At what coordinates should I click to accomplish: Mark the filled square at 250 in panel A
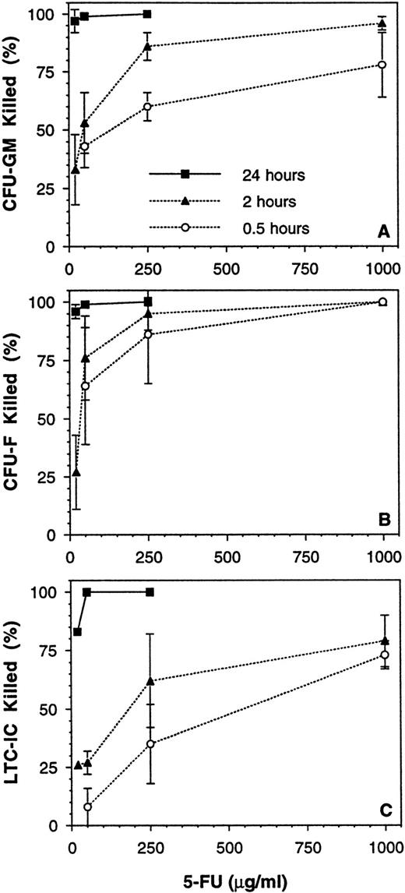click(148, 14)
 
